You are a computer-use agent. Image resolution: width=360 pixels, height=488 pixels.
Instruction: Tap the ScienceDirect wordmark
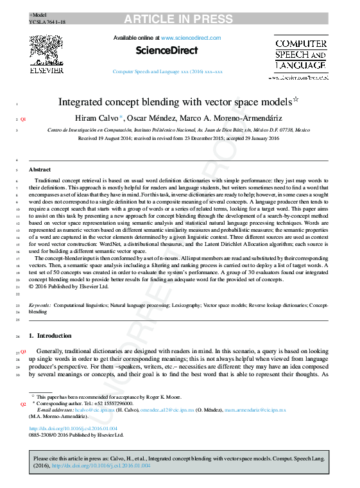pos(167,50)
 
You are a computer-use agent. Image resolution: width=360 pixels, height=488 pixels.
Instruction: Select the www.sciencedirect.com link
pos(191,38)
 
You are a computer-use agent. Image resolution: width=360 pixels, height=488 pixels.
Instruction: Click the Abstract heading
pos(40,170)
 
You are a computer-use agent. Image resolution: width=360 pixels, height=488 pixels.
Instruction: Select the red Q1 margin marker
pos(23,119)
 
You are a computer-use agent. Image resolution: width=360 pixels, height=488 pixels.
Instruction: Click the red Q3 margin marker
pos(23,352)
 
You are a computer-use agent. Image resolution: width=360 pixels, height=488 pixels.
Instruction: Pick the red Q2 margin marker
pos(23,405)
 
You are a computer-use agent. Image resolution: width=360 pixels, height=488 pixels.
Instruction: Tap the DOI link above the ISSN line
pos(73,428)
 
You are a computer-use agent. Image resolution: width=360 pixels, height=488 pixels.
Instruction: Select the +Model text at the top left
pos(38,14)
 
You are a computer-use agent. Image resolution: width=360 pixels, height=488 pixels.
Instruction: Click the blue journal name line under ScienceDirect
pos(167,73)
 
